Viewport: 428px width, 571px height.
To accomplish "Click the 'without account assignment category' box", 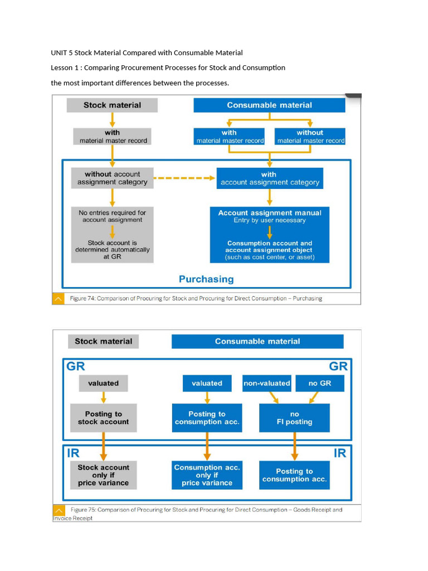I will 112,178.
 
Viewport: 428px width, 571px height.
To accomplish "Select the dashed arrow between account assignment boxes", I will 184,178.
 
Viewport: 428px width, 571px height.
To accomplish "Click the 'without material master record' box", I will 310,137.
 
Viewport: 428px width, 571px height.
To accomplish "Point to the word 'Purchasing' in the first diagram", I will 206,279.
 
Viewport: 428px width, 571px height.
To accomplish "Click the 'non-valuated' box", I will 267,383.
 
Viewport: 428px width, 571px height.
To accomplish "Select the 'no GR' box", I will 320,383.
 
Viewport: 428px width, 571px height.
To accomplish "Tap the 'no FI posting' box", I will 294,418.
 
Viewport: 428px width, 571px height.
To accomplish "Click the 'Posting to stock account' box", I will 103,418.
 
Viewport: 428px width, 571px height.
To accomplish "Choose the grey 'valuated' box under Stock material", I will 103,383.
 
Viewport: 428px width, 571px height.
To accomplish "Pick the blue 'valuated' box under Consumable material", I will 207,383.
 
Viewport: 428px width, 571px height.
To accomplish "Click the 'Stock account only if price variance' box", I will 103,475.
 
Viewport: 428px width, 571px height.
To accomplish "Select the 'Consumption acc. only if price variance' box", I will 207,475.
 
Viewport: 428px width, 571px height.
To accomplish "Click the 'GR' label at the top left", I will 76,366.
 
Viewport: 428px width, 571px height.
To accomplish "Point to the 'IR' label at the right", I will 339,453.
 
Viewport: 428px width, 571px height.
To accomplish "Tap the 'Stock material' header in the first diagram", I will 112,105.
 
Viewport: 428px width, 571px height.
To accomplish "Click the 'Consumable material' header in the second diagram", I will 257,341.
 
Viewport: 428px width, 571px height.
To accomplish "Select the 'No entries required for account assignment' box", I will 112,216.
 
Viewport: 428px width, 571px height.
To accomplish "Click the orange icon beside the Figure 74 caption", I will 59,298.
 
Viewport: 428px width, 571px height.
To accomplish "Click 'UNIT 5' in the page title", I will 61,53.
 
